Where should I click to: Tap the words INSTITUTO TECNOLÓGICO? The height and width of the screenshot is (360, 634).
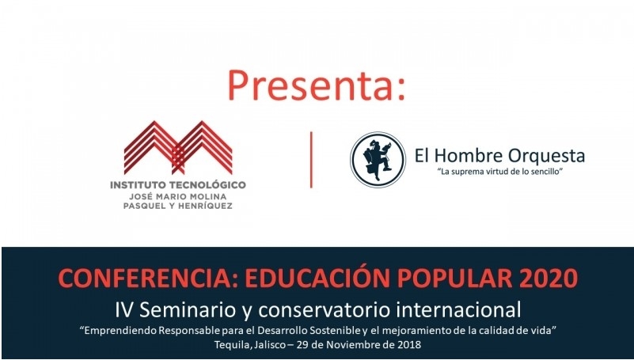tap(178, 184)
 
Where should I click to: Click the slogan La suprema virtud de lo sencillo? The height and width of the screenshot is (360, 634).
tap(499, 172)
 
